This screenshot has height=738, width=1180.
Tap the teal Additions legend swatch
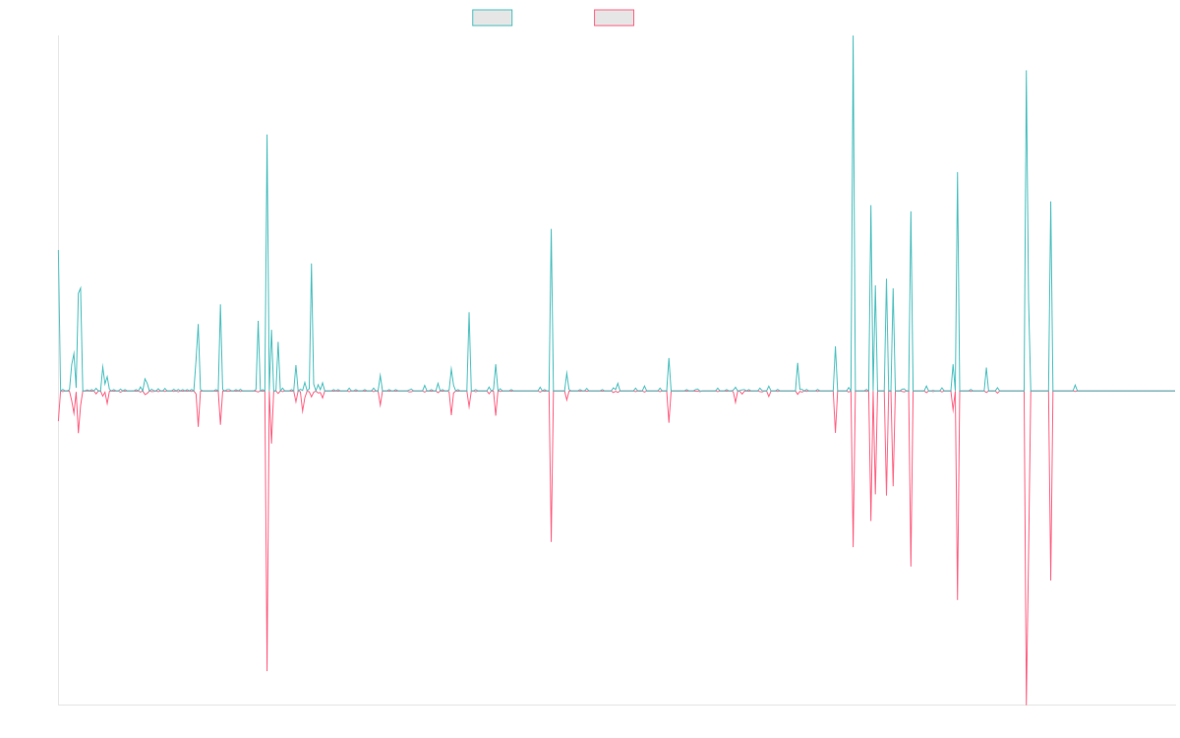[493, 18]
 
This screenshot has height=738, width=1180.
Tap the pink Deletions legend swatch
[615, 18]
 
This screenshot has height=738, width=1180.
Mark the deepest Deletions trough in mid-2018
[267, 671]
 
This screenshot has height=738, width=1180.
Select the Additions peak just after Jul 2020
[551, 229]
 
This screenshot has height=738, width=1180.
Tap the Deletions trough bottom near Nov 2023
[911, 566]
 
